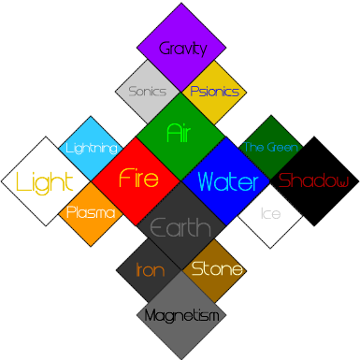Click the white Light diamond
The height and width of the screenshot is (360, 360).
[43, 180]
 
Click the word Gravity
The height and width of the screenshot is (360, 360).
[181, 49]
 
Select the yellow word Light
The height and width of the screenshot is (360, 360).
[44, 182]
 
